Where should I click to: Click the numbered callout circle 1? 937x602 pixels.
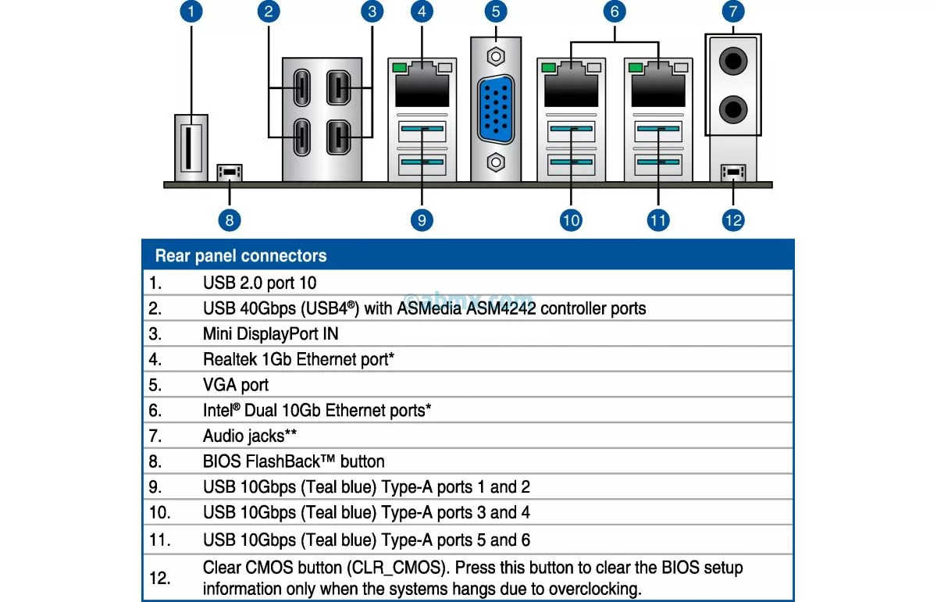click(x=191, y=12)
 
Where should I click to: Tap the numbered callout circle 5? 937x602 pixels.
click(x=495, y=12)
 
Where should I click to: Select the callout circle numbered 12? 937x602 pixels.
click(x=733, y=220)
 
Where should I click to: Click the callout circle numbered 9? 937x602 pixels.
click(x=422, y=220)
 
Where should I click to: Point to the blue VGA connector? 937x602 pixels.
click(x=495, y=109)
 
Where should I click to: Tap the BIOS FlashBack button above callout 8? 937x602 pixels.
click(x=230, y=171)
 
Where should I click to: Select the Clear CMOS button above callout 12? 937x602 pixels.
click(x=733, y=171)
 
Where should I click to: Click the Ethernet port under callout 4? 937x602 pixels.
click(x=422, y=87)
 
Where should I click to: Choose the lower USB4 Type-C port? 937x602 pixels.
click(x=301, y=138)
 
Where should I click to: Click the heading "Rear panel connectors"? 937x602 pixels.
click(x=240, y=256)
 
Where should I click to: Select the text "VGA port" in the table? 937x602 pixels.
click(x=235, y=385)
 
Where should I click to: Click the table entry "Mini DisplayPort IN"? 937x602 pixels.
click(x=270, y=333)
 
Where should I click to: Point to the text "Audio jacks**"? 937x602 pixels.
click(x=249, y=436)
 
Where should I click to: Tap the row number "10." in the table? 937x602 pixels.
click(x=159, y=513)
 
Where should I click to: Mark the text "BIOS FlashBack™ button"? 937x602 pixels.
click(x=294, y=461)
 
